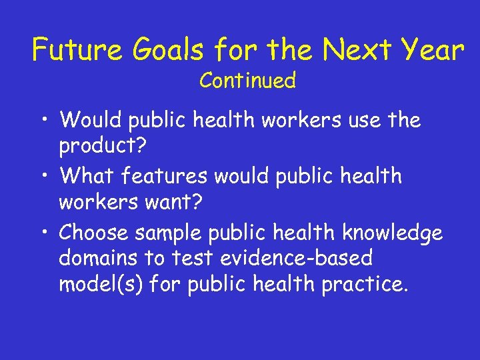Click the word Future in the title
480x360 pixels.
73,50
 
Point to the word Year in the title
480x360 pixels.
431,50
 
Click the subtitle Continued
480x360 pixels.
247,81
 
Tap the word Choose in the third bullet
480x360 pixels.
94,233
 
